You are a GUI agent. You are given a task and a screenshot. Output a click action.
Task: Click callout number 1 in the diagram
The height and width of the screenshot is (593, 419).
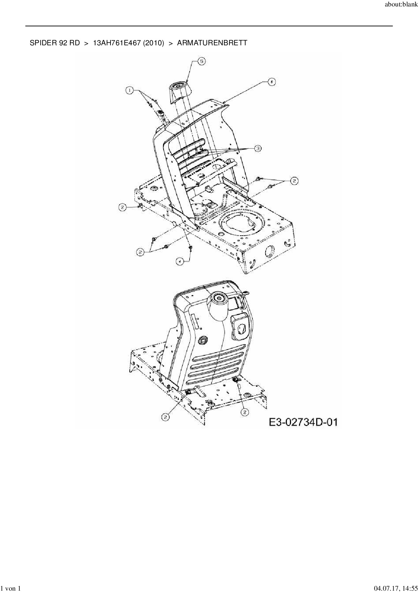click(129, 90)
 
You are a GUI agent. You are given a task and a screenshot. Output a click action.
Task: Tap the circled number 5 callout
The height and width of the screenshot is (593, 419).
click(201, 61)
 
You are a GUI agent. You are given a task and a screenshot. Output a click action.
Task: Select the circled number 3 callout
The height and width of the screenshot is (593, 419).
click(258, 148)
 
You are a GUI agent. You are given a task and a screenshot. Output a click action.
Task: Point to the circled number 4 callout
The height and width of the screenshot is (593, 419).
click(180, 261)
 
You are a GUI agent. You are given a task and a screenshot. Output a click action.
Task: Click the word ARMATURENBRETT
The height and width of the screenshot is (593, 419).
click(212, 43)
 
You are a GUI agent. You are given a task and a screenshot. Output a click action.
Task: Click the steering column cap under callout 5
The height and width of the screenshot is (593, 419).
click(178, 90)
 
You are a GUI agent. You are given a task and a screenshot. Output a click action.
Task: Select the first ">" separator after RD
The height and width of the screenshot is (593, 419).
click(86, 43)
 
